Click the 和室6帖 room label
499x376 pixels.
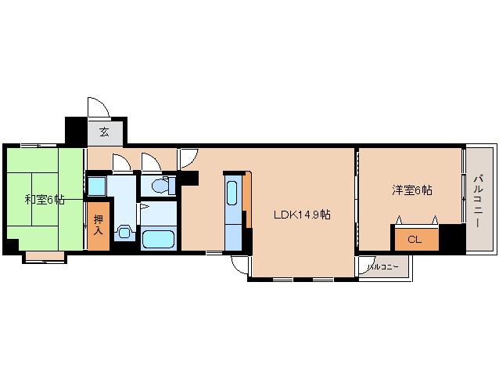click(x=45, y=200)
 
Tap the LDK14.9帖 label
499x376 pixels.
click(x=302, y=215)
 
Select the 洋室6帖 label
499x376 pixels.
click(x=412, y=190)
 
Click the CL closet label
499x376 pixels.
click(x=415, y=240)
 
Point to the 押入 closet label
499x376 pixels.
click(x=99, y=225)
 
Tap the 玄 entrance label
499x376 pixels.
click(x=104, y=132)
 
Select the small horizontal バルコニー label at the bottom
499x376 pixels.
click(x=382, y=266)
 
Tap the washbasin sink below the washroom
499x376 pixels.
click(x=124, y=232)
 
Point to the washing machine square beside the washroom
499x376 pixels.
click(x=96, y=186)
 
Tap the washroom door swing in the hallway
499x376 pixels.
click(x=122, y=161)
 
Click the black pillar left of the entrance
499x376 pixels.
click(x=76, y=130)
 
